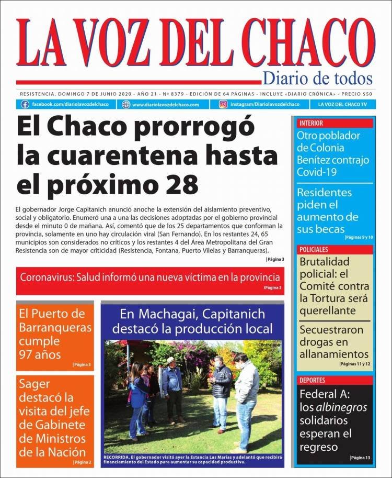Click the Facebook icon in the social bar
click(x=25, y=104)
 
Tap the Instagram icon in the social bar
click(x=223, y=104)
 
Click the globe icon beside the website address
click(x=125, y=104)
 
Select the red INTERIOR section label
click(x=311, y=124)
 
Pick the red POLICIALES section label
click(x=314, y=250)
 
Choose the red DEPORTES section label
click(x=313, y=380)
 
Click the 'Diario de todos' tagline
click(x=317, y=79)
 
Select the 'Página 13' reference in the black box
click(x=360, y=458)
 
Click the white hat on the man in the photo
click(x=170, y=360)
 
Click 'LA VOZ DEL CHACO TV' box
click(x=342, y=104)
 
